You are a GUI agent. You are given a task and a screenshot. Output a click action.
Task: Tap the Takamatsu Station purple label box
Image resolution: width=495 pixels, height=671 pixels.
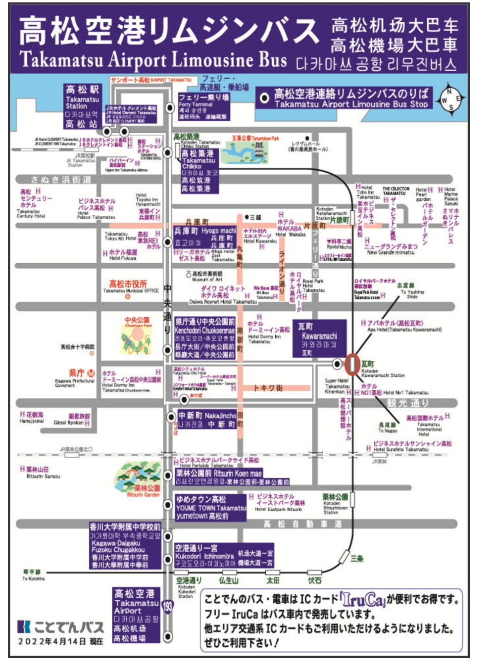82,106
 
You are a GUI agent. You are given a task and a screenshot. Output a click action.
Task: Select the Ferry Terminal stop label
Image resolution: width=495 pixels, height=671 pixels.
203,107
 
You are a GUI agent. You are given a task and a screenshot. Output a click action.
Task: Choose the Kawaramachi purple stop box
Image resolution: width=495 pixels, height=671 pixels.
319,339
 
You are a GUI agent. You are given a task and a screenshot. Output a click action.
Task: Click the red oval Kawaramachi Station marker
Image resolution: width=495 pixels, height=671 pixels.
352,364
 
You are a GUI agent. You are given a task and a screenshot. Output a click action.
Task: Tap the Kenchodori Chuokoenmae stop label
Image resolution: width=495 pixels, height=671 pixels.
204,338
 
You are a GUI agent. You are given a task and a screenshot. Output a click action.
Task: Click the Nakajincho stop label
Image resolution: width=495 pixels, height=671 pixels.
207,420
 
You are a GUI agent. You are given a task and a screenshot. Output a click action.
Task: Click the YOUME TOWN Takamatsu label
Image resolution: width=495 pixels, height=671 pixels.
210,507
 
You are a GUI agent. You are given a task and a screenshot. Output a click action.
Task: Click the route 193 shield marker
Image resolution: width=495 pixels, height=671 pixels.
168,606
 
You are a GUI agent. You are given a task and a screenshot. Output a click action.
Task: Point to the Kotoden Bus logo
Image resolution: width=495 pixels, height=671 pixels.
60,626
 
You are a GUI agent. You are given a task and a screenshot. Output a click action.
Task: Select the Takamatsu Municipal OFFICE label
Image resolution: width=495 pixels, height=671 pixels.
131,288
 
